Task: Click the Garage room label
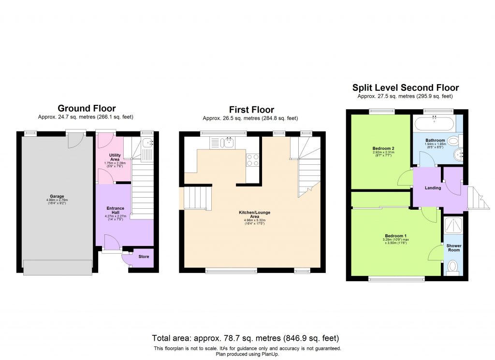point(57,197)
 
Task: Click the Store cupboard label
point(144,257)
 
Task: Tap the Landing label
point(433,187)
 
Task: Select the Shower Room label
point(453,248)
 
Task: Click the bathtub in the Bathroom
point(434,124)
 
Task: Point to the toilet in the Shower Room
point(453,267)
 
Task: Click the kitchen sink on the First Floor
point(227,142)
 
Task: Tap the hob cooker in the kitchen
point(253,160)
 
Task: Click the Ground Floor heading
point(87,108)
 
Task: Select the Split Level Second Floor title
point(405,87)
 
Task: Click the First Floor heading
point(251,110)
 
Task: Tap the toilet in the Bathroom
point(453,141)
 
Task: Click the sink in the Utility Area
point(147,143)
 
